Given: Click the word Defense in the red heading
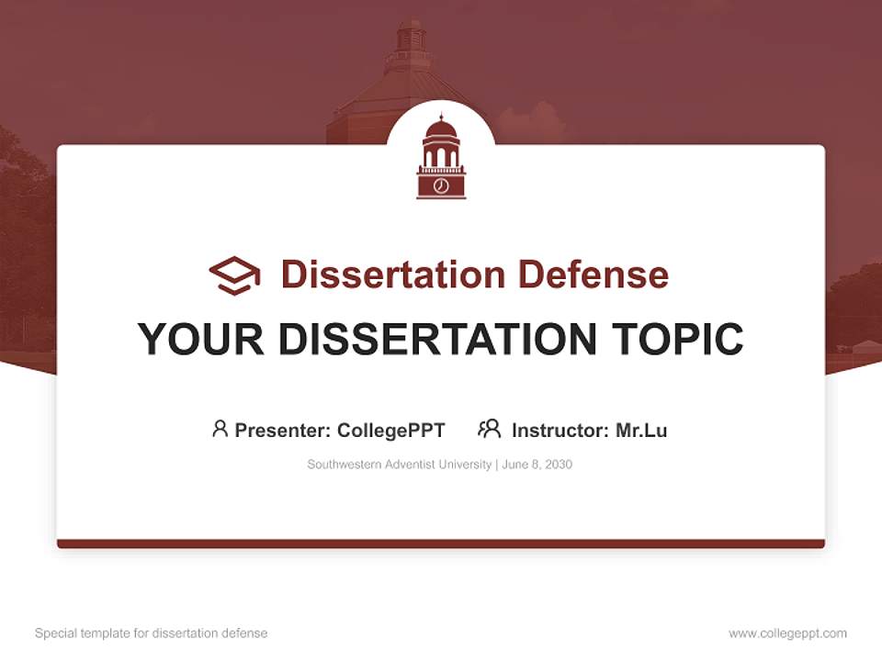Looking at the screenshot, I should pos(593,274).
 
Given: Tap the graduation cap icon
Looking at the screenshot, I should pos(234,274).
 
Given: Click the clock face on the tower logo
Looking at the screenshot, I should pos(441,186).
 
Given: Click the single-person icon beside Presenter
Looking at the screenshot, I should pos(220,429).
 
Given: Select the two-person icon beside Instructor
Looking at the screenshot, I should pos(489,429).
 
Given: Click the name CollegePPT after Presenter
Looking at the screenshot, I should pos(391,431).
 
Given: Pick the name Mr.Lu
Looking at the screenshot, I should pos(641,431).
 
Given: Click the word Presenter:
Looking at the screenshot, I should pos(283,431).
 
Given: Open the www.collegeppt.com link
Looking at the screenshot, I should pos(787,633).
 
